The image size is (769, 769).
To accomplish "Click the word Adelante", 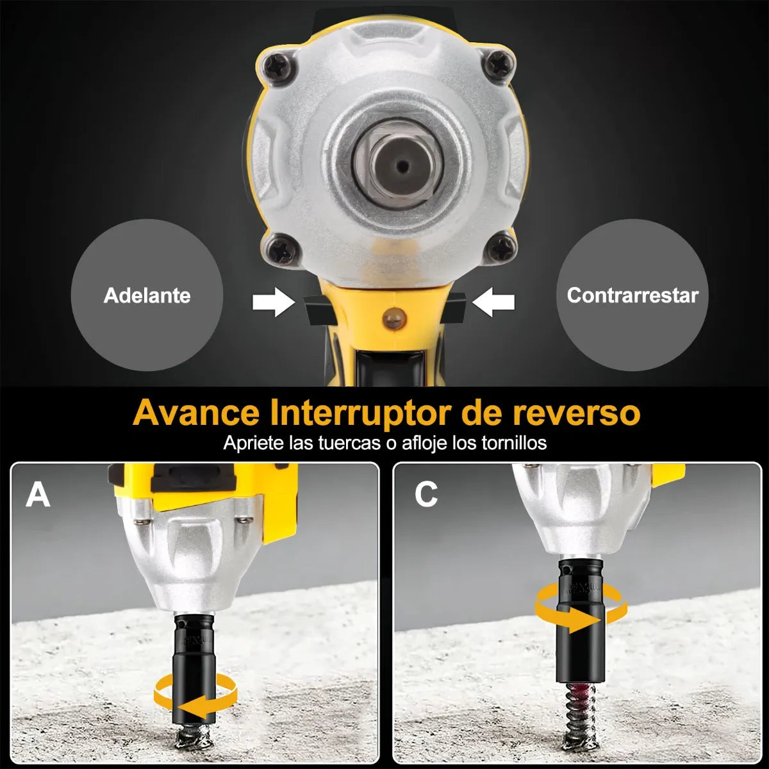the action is click(x=147, y=295).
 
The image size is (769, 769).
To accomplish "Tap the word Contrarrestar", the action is click(x=633, y=295).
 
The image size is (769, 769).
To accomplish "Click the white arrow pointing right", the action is click(x=274, y=302).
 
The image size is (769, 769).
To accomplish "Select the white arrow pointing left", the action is click(x=493, y=302).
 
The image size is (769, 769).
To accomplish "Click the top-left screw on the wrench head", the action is click(x=281, y=66).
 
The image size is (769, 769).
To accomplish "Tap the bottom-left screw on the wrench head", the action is click(x=282, y=249).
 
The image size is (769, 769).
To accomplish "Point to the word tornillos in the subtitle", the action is click(x=514, y=443).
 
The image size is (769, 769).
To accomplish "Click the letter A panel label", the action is click(x=38, y=495).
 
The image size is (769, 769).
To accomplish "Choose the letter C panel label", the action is click(x=426, y=495).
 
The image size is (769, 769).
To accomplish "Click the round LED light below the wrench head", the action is click(x=394, y=318).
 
